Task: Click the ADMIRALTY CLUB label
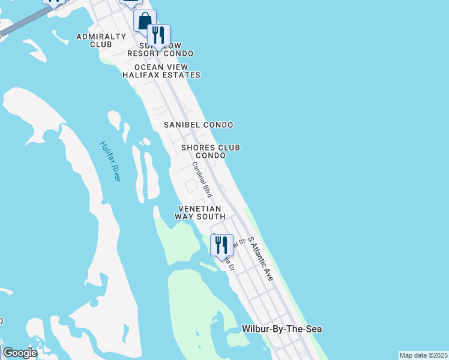(x=101, y=40)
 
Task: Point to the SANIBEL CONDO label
(x=199, y=125)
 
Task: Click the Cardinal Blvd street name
(x=202, y=179)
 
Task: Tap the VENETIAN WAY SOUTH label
(x=200, y=212)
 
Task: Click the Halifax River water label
(x=110, y=161)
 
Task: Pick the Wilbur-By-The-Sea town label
(x=282, y=329)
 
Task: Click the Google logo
(x=20, y=353)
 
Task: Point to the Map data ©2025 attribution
(x=423, y=355)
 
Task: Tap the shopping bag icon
(x=145, y=22)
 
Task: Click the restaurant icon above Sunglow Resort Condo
(x=158, y=35)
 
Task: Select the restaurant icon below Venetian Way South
(x=221, y=245)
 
